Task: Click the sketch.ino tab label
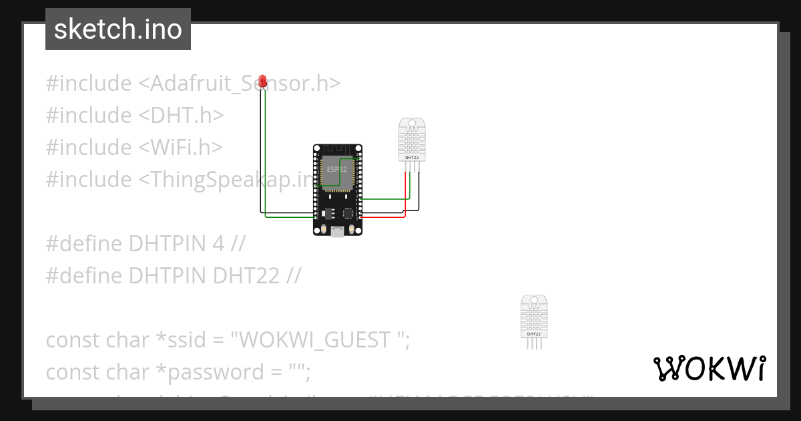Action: point(118,29)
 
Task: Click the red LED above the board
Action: point(263,82)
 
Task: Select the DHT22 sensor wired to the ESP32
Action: point(412,139)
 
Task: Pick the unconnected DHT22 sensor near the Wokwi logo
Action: point(534,317)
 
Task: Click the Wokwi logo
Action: point(709,368)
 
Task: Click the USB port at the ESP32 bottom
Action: point(338,232)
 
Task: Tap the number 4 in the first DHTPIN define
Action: point(218,244)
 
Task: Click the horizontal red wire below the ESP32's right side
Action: point(384,217)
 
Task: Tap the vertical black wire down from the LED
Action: point(260,154)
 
